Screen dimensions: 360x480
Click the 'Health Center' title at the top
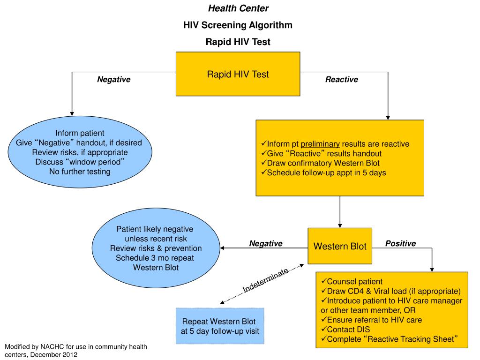point(238,8)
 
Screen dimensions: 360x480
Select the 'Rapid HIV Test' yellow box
point(238,74)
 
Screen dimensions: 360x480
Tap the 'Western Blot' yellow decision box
point(340,246)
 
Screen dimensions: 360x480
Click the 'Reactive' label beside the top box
point(341,80)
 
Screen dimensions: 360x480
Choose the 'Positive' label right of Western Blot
point(400,243)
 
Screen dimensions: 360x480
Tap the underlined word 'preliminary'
point(320,144)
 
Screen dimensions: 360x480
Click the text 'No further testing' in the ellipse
point(80,172)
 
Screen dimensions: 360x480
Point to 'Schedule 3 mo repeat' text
point(155,258)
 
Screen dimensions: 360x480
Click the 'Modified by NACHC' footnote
point(75,351)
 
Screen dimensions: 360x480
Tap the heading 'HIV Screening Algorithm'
point(238,25)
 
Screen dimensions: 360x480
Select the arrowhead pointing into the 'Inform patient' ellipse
point(71,113)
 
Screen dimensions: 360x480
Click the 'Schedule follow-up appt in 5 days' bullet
point(327,172)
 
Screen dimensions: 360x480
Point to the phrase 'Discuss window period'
point(80,162)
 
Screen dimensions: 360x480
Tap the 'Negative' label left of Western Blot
point(265,243)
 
